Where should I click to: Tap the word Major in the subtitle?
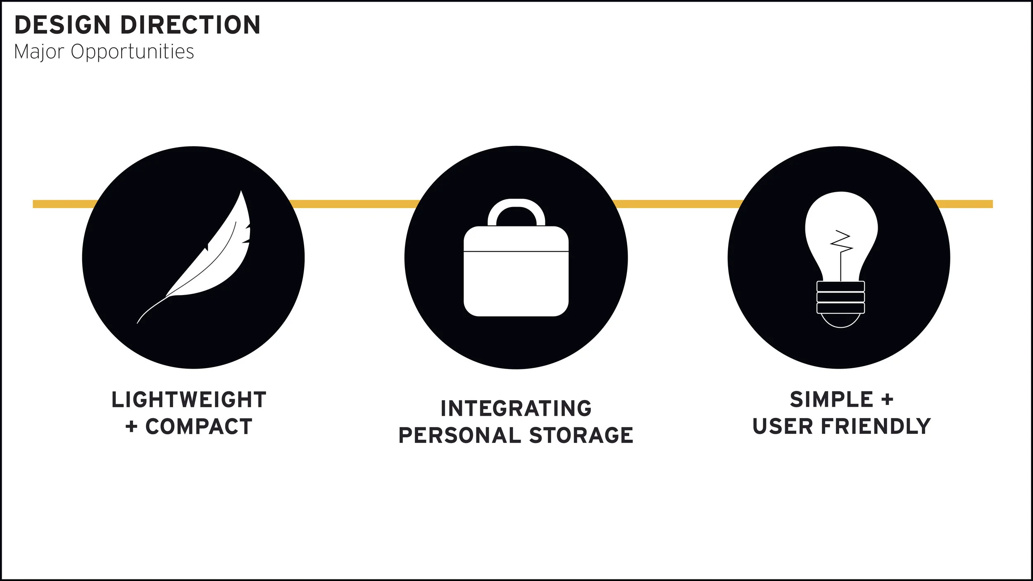coord(39,52)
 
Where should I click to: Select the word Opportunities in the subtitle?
coord(132,52)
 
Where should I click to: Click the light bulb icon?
coord(841,248)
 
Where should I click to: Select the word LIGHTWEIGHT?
coord(189,400)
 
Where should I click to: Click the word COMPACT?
coord(199,427)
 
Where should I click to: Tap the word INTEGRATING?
coord(516,409)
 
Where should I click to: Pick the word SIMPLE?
coord(831,400)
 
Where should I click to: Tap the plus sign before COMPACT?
coord(131,427)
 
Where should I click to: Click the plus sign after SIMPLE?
coord(887,400)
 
